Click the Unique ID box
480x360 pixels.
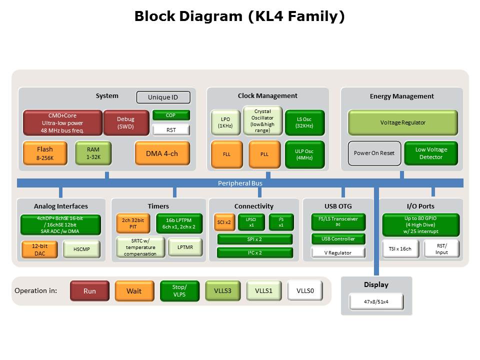(163, 97)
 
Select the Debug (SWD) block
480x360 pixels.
(125, 123)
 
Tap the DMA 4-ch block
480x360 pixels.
(162, 153)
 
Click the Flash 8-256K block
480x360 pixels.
(44, 153)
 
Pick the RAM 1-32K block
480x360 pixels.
(93, 153)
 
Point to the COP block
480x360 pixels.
(171, 115)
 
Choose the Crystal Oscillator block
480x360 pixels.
(262, 121)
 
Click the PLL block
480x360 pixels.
(264, 154)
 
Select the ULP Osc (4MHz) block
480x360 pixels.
(304, 154)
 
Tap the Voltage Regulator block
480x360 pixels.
(402, 122)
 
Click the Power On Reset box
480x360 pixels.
(374, 153)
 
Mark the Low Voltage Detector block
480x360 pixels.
(430, 153)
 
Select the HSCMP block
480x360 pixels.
(81, 249)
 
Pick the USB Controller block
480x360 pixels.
(338, 239)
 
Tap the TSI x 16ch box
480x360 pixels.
(399, 249)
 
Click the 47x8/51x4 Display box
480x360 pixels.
(376, 302)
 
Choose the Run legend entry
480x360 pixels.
(89, 291)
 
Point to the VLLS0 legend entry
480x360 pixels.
(305, 290)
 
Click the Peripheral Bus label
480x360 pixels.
(240, 183)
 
